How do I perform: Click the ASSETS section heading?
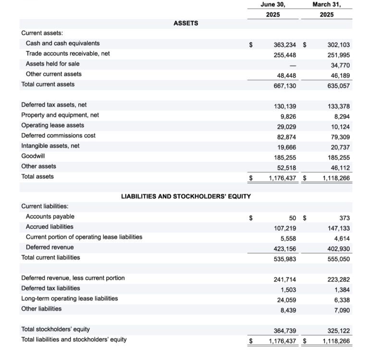185,23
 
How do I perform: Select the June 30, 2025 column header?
273,9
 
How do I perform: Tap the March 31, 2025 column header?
326,9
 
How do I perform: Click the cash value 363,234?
284,44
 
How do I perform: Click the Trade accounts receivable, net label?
68,53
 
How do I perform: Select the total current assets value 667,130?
284,85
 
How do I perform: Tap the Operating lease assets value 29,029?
287,126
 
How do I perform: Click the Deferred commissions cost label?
58,136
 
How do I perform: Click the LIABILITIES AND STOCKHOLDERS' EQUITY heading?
185,196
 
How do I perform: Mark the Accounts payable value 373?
344,218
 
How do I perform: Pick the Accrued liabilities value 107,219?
284,228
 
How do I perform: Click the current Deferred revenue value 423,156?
284,248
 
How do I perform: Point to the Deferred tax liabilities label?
50,288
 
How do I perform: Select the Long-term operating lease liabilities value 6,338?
342,299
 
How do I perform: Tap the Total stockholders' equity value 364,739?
284,330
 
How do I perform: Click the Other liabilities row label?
41,309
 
